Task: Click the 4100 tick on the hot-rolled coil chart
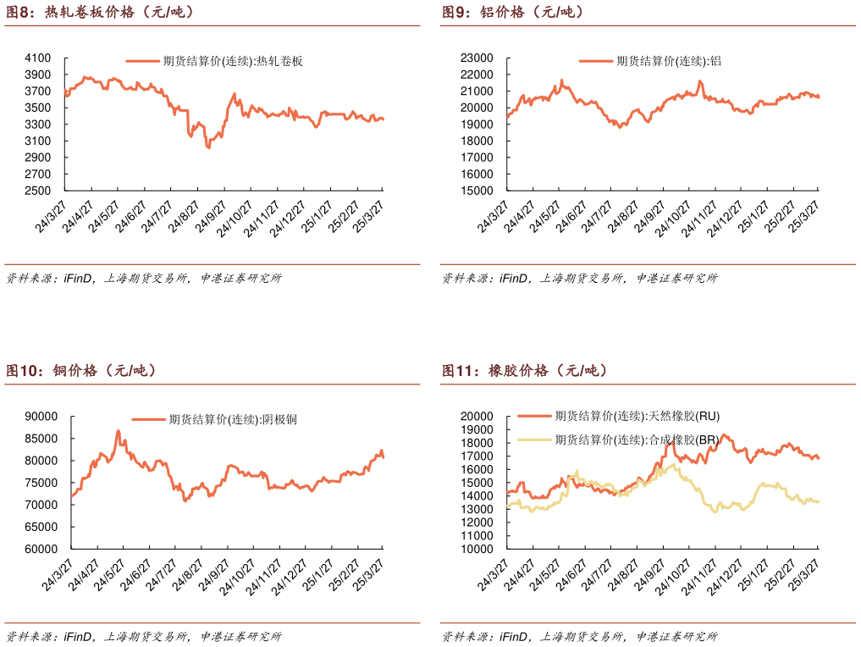[38, 58]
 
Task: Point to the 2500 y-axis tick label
[38, 191]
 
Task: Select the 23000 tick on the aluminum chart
[476, 58]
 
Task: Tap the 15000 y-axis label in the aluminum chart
[476, 191]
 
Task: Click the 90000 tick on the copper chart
[41, 417]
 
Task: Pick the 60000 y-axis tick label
[41, 549]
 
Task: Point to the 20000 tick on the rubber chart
[476, 417]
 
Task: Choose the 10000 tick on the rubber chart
[476, 549]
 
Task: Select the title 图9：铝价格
[513, 12]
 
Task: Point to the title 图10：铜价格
[81, 371]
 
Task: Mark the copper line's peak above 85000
[119, 431]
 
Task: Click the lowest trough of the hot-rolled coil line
[208, 147]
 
